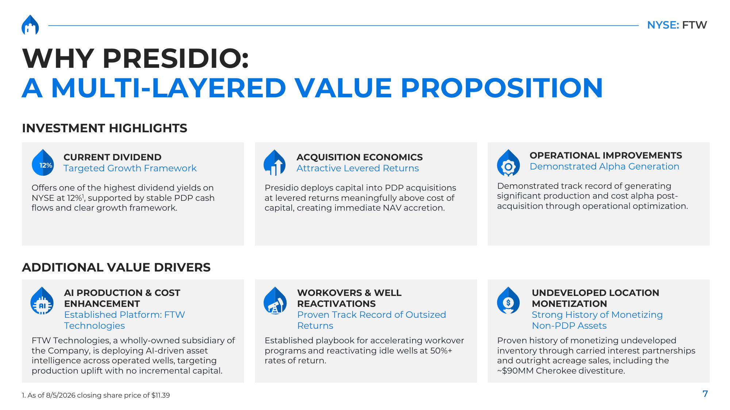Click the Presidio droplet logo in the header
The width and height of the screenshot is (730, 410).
coord(30,25)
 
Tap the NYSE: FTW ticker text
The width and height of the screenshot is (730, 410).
coord(677,25)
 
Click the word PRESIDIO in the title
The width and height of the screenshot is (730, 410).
coord(176,58)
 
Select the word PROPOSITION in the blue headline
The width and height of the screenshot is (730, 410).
coord(502,88)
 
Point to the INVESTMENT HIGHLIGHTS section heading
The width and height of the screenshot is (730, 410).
coord(104,128)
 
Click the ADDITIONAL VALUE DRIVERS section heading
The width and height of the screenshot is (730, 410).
coord(116,267)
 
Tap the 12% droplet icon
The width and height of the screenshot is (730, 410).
coord(43,163)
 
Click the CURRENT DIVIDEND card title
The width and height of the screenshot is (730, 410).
coord(112,157)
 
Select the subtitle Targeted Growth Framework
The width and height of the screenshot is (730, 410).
coord(130,168)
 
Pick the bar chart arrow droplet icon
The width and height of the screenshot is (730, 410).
coord(274,163)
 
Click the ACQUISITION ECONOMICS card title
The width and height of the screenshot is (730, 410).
coord(360,157)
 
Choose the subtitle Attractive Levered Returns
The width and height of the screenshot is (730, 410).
coord(358,168)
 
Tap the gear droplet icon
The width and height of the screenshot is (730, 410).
coord(508,163)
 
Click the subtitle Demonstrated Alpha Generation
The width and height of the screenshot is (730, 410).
coord(604,166)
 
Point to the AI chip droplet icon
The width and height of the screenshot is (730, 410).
coord(42,301)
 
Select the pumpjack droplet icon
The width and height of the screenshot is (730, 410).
coord(275,301)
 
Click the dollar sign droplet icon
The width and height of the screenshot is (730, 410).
coord(508,300)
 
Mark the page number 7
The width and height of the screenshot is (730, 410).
coord(705,394)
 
